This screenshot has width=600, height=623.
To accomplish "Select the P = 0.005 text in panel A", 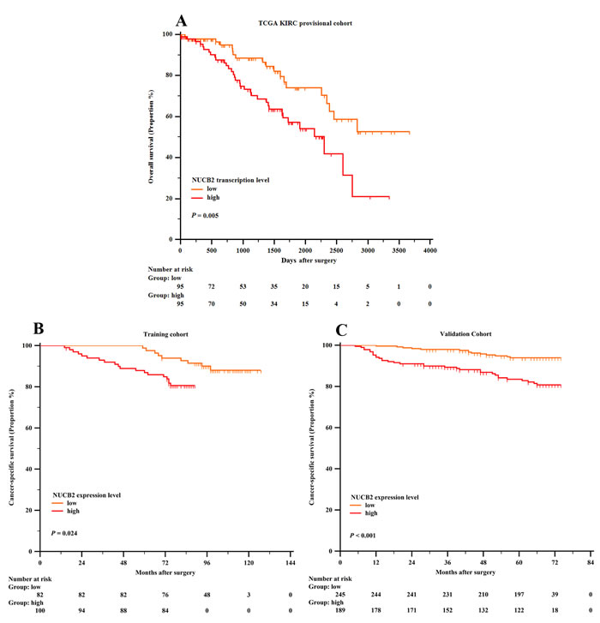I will [207, 216].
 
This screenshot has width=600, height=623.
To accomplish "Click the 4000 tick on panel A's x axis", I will [430, 251].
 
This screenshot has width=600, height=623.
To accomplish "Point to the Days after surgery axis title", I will [305, 264].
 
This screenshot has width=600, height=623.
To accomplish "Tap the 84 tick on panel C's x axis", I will [590, 563].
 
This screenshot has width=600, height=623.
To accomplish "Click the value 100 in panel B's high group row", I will [40, 614].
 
